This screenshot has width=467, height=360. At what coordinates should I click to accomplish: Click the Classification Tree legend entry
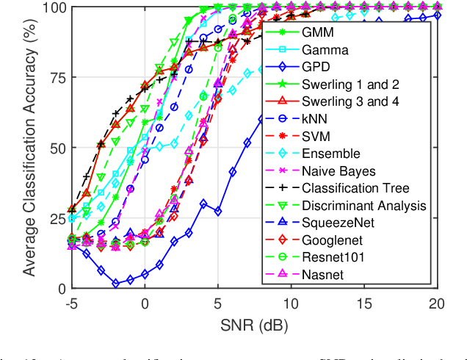click(x=355, y=189)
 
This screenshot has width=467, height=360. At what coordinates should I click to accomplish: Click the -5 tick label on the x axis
click(x=71, y=303)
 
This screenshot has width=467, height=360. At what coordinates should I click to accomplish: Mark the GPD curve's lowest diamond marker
click(x=115, y=283)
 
